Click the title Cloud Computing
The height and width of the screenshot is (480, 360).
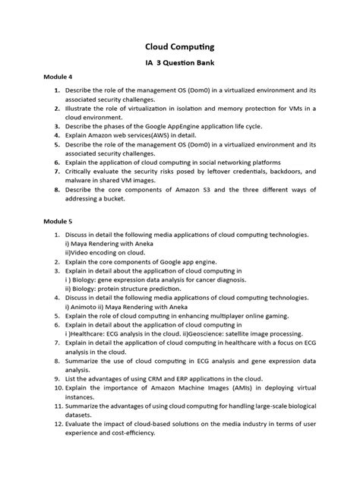[180, 46]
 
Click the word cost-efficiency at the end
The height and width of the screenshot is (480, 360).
[132, 433]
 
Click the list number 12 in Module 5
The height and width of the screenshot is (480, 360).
[56, 423]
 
